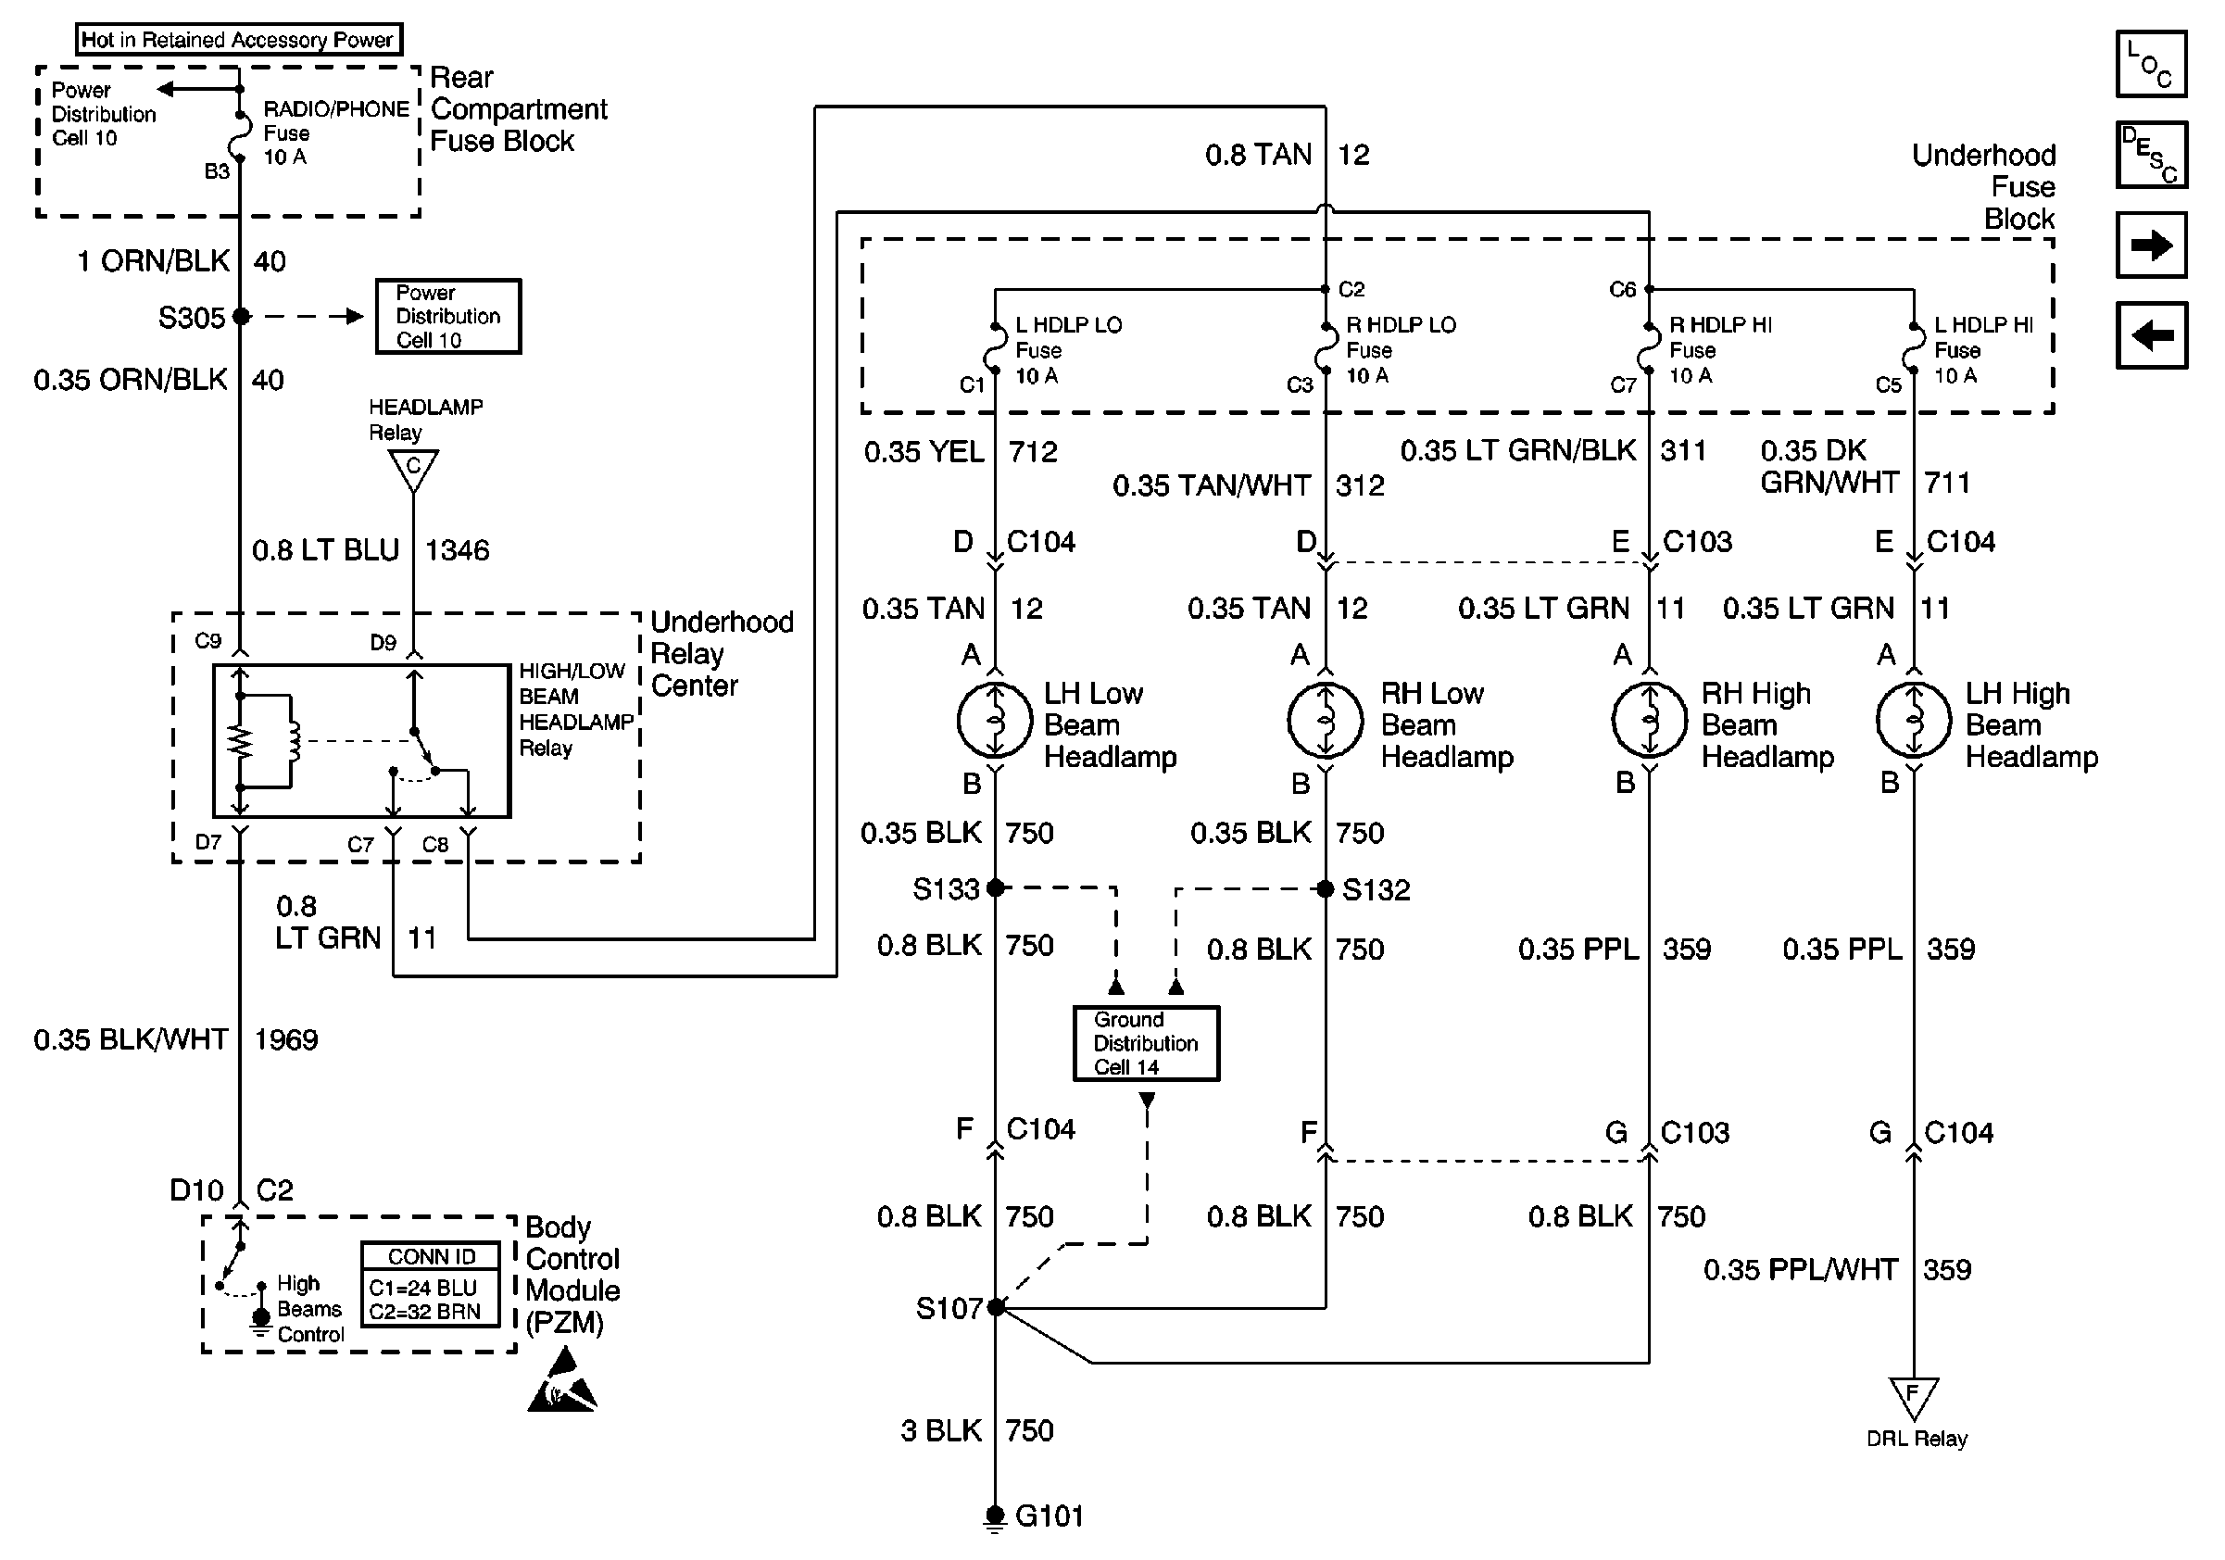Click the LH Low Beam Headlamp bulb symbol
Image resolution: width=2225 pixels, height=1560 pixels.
[995, 720]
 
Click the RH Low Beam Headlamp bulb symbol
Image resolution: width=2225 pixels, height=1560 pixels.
[1325, 720]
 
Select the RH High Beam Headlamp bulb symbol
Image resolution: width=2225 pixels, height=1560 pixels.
[1649, 720]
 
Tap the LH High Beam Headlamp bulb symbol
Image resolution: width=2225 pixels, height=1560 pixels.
[1913, 720]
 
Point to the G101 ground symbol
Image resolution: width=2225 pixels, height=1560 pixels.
[994, 1516]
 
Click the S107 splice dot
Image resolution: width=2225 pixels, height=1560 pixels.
[995, 1308]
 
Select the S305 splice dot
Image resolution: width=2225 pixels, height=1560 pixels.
[241, 316]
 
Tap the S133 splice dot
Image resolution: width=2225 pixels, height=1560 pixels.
[995, 887]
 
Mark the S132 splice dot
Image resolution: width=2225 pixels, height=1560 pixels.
[1325, 888]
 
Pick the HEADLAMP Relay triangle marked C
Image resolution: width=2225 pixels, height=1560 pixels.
[413, 469]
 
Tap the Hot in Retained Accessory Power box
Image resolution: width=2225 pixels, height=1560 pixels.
[238, 40]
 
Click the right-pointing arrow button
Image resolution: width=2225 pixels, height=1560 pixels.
[2151, 245]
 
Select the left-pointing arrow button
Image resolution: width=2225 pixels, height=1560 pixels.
[2151, 335]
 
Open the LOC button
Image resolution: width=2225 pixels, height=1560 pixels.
[2150, 64]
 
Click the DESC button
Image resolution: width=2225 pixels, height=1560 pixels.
[2151, 155]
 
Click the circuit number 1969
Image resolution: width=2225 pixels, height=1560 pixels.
[286, 1039]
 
